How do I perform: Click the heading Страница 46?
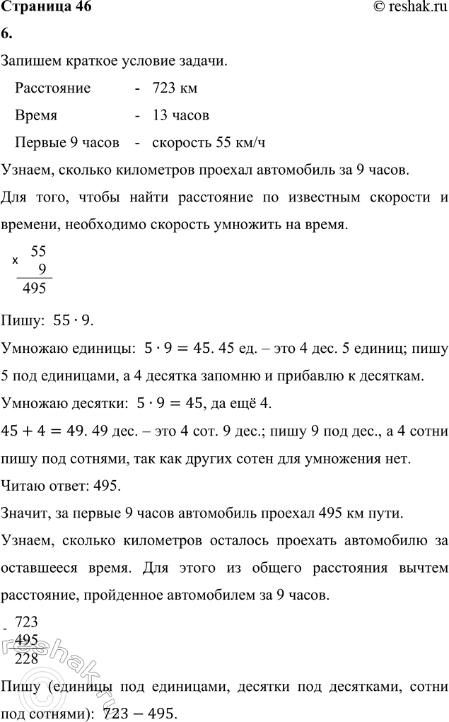pyautogui.click(x=47, y=8)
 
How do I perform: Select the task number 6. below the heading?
pyautogui.click(x=7, y=35)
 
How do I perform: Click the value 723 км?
pyautogui.click(x=175, y=88)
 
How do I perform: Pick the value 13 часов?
pyautogui.click(x=180, y=115)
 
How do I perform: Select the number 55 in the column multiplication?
pyautogui.click(x=39, y=250)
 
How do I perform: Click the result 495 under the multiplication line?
pyautogui.click(x=35, y=288)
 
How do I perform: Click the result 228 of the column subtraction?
pyautogui.click(x=26, y=659)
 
